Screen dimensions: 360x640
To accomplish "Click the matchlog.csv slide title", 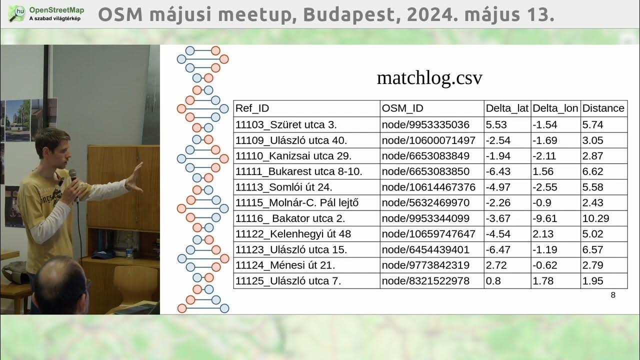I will pos(429,78).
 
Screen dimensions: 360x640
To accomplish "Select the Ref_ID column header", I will pos(252,108).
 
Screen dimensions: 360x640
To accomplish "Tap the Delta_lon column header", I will pos(555,108).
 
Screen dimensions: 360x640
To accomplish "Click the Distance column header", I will pos(603,108).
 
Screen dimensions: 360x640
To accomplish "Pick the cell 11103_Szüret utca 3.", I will pos(286,124).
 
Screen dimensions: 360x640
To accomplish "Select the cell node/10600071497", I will pos(428,140).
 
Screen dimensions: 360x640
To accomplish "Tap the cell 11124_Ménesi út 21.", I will pos(285,265).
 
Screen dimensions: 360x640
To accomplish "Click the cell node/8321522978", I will pos(425,281).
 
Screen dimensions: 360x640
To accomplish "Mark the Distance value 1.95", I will pos(592,281).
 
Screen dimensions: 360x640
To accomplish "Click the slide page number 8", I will pos(613,295).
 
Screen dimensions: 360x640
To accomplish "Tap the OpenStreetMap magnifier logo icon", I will pos(17,13).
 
